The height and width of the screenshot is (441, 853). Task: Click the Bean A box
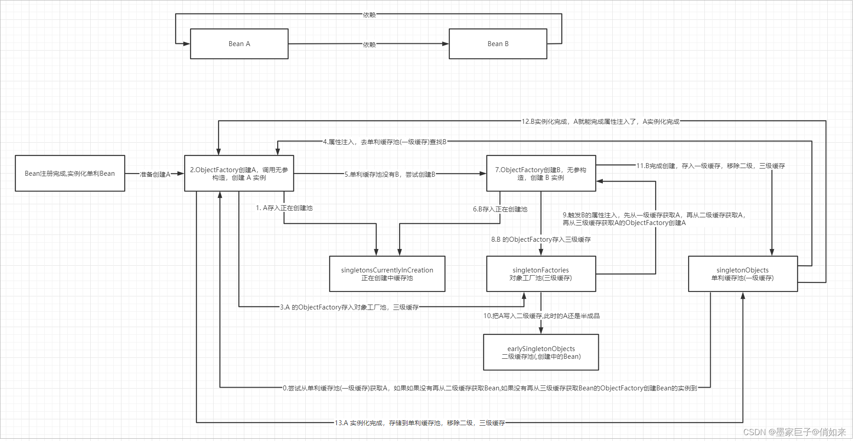tap(239, 44)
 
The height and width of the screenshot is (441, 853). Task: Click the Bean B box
tap(498, 44)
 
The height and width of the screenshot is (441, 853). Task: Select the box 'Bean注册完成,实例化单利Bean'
tap(70, 174)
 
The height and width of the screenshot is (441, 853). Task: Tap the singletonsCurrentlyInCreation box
tap(387, 274)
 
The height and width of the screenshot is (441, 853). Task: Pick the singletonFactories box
tap(541, 274)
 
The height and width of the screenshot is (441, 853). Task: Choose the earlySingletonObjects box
tap(541, 352)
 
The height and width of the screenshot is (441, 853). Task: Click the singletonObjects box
tap(742, 274)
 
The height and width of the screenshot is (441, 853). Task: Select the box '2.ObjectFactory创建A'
tap(239, 174)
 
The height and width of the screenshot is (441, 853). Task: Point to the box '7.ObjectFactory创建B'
tap(541, 174)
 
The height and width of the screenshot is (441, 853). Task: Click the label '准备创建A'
tap(155, 174)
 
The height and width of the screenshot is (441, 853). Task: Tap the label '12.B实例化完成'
tap(600, 122)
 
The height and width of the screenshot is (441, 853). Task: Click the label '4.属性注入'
tap(384, 142)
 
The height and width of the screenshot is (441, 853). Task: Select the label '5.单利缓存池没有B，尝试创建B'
tap(390, 174)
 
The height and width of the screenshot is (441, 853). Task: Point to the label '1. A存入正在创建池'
tap(284, 208)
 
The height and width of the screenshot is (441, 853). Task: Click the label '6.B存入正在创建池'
tap(500, 209)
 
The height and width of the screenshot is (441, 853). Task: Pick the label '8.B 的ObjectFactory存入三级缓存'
tap(541, 239)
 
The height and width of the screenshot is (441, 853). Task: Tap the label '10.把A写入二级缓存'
tap(541, 316)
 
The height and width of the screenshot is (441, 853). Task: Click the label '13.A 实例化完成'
tap(420, 423)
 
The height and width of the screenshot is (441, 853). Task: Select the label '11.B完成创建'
tap(710, 166)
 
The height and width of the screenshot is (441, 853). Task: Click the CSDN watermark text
tap(794, 432)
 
